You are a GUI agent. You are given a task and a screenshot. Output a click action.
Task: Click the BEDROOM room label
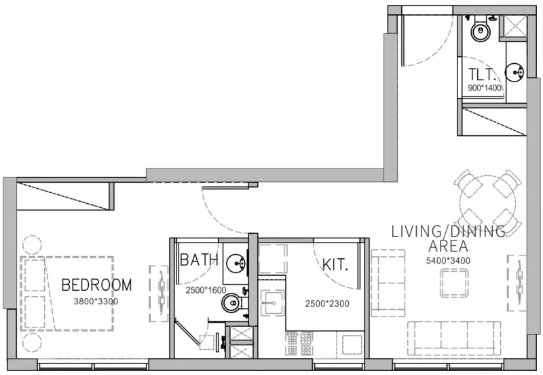pyautogui.click(x=96, y=285)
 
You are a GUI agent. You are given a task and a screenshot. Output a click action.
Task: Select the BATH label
pyautogui.click(x=199, y=260)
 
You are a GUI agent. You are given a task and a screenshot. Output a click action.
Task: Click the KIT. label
pyautogui.click(x=335, y=264)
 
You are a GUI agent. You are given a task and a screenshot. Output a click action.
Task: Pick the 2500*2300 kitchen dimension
pyautogui.click(x=326, y=304)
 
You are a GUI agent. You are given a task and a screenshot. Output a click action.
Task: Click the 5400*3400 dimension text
pyautogui.click(x=449, y=260)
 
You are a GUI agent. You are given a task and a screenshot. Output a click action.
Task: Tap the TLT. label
pyautogui.click(x=484, y=75)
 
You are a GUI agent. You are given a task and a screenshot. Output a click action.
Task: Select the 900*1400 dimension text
pyautogui.click(x=484, y=88)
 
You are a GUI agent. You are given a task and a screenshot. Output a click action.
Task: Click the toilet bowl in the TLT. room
pyautogui.click(x=481, y=30)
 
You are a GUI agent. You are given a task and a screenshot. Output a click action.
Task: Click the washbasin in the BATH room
pyautogui.click(x=236, y=260)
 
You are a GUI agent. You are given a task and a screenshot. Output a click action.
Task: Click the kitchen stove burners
pyautogui.click(x=299, y=343)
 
